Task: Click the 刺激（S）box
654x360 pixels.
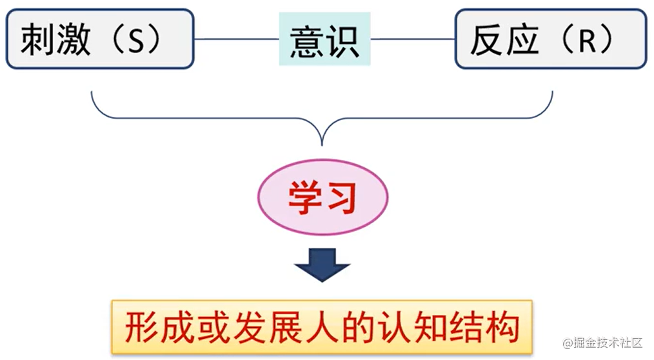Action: (x=100, y=39)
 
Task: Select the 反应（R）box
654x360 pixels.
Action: (x=550, y=39)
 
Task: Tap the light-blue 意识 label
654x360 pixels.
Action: (x=324, y=39)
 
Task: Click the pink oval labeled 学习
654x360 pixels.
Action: (x=322, y=199)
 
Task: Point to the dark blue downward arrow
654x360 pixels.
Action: (x=322, y=263)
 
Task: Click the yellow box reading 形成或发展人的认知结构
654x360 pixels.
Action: (x=322, y=328)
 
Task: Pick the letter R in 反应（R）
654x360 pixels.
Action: (x=586, y=41)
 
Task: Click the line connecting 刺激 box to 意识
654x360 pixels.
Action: (x=236, y=39)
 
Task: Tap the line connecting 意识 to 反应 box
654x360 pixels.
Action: (x=413, y=39)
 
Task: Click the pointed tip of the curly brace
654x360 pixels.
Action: (x=322, y=144)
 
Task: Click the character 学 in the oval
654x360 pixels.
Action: (x=304, y=199)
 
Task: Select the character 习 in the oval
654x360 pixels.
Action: (x=340, y=199)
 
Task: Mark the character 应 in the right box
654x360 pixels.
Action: (x=521, y=40)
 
